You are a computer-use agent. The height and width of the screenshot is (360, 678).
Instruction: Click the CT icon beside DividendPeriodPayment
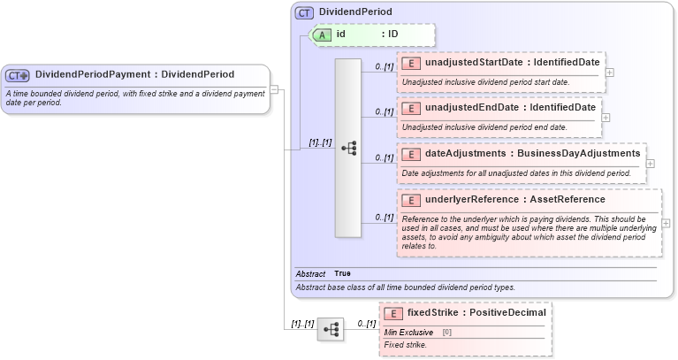click(x=19, y=75)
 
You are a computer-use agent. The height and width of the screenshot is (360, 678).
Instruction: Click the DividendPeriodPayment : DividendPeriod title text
click(x=134, y=74)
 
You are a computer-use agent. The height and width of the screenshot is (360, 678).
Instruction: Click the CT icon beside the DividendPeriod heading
click(x=305, y=13)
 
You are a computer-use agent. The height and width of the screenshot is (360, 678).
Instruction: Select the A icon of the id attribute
click(x=324, y=34)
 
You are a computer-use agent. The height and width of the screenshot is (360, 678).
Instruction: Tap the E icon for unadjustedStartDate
click(x=411, y=63)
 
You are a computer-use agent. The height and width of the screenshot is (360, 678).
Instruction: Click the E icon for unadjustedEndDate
click(x=411, y=108)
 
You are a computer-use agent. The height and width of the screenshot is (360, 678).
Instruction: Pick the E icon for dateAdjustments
click(x=411, y=154)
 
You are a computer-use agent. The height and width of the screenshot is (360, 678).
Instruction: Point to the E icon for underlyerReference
click(x=411, y=200)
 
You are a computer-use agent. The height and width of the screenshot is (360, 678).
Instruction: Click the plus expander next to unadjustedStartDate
click(x=610, y=73)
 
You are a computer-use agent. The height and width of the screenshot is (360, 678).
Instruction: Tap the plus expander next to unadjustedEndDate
click(x=606, y=118)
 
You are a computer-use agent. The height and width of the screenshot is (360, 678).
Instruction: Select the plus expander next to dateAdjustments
click(x=651, y=164)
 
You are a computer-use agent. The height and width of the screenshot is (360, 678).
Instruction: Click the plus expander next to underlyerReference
click(x=666, y=224)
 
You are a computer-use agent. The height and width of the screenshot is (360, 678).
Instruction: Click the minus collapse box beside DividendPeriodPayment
click(x=275, y=88)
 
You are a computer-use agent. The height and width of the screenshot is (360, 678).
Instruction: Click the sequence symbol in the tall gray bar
click(x=348, y=148)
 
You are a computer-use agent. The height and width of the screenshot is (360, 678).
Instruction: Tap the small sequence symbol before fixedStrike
click(x=331, y=329)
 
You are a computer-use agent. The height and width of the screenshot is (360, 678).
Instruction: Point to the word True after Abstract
click(x=342, y=274)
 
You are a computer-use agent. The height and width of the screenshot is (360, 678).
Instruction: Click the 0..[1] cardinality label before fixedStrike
click(x=365, y=324)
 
